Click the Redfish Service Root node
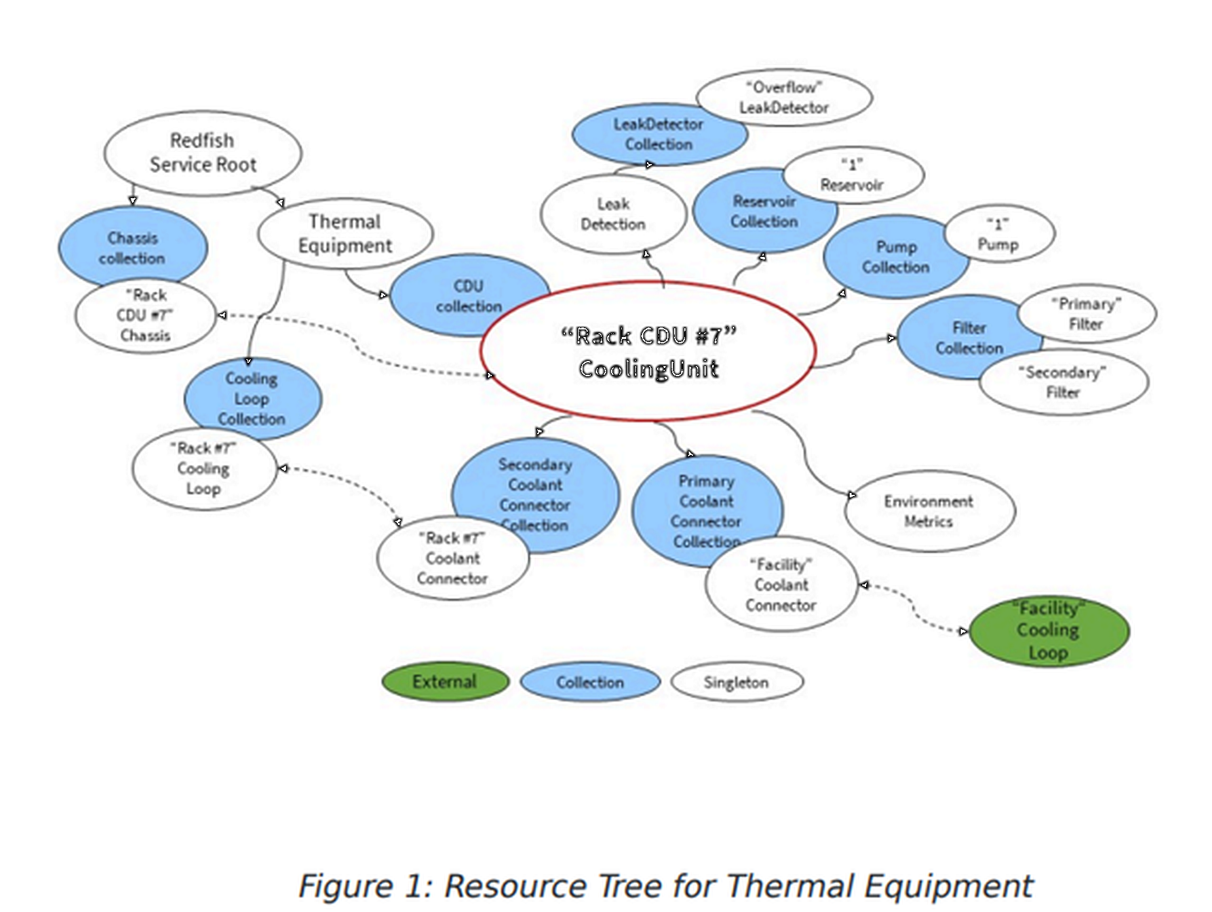point(203,153)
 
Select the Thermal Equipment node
point(345,234)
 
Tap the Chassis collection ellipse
point(133,247)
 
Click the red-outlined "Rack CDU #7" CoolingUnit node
point(648,352)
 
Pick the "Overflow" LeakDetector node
point(784,98)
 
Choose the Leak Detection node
point(613,215)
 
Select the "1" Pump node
point(998,235)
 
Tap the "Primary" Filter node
point(1086,314)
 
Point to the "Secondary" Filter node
point(1063,382)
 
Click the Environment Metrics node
point(929,511)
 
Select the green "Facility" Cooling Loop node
point(1048,631)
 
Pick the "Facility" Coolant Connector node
point(781,585)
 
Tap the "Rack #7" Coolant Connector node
point(453,559)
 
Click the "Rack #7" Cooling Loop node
point(203,469)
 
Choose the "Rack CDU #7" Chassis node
point(145,316)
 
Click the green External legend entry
point(445,682)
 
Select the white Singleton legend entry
point(736,682)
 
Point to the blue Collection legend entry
point(590,682)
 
